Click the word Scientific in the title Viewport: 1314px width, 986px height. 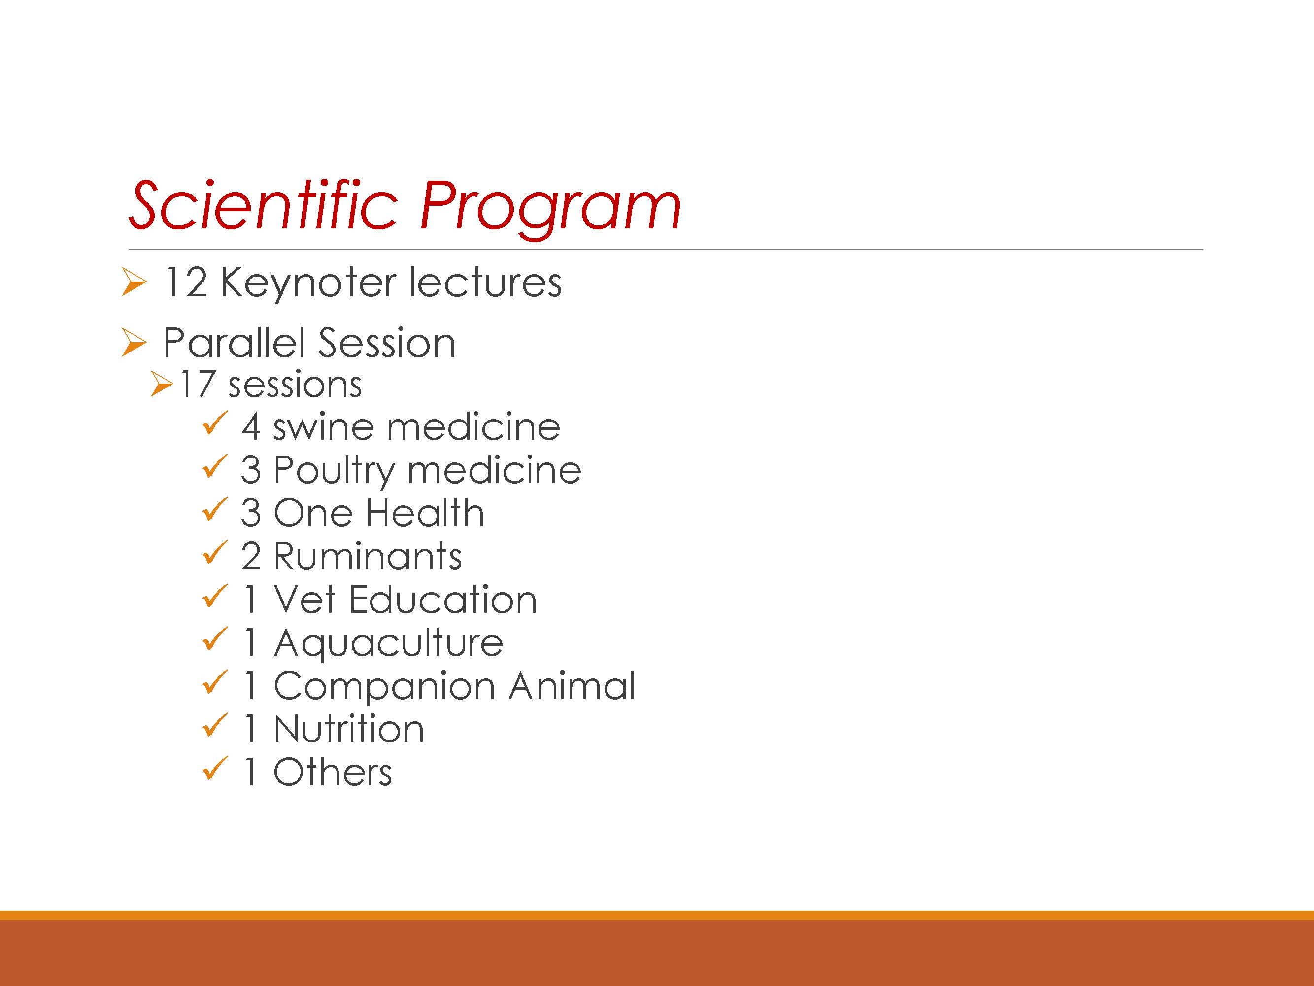(263, 205)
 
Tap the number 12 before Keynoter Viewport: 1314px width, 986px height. (186, 282)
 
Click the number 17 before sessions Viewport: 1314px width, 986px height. (197, 385)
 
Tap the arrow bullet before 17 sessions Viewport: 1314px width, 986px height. (162, 384)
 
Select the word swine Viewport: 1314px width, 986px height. (324, 427)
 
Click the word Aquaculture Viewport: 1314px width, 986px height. (389, 644)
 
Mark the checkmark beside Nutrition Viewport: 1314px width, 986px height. (214, 725)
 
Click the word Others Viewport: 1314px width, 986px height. (333, 773)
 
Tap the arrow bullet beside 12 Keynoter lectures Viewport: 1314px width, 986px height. (134, 282)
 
